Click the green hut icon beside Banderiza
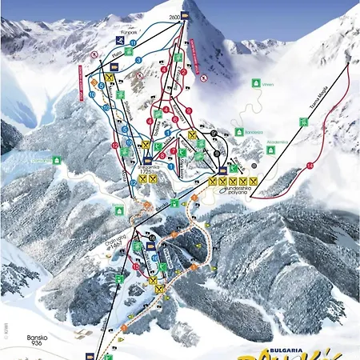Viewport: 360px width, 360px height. [x=239, y=131]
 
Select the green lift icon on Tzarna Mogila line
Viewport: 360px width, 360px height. [x=304, y=122]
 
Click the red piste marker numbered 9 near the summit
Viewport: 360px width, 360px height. [x=189, y=110]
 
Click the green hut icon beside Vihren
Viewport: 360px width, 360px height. [x=255, y=82]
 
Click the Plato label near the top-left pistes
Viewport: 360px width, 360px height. [x=116, y=55]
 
